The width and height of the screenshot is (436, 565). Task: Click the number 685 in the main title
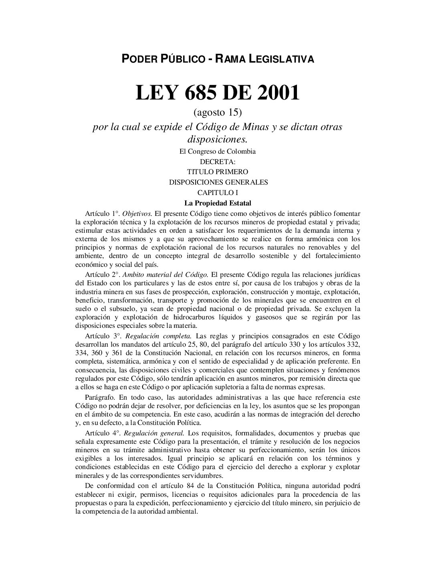point(200,93)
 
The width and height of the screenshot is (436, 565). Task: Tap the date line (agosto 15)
point(218,110)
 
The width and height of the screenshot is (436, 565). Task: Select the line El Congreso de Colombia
point(218,152)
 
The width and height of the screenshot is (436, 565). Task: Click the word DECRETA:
point(218,162)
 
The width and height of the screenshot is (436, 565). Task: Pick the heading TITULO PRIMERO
point(218,172)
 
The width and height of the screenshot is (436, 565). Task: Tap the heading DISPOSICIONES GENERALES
point(218,182)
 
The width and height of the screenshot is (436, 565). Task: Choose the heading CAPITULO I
point(218,192)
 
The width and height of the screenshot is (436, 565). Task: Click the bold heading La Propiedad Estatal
point(218,203)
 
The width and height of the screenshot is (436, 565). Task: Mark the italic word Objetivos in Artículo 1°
point(137,213)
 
